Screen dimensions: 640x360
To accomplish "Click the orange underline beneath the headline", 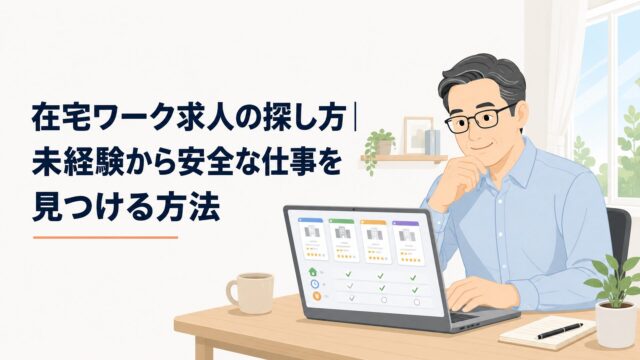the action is click(106, 237).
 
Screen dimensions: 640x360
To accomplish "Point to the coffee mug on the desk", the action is click(251, 293).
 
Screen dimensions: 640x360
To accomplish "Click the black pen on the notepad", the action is click(560, 331).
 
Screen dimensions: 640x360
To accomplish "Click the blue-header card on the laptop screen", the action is click(313, 239).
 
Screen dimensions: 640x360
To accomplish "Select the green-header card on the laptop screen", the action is click(344, 241).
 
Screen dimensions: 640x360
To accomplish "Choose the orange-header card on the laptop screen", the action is click(376, 242).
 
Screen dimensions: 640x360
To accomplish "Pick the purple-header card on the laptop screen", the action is click(407, 244).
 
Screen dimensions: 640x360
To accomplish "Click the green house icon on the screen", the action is click(313, 271).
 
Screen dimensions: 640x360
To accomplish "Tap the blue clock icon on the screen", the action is click(315, 284).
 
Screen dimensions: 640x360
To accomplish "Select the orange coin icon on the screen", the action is click(317, 297).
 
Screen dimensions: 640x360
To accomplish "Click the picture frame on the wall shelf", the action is click(418, 135).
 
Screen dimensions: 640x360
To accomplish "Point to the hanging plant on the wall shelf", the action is click(378, 148).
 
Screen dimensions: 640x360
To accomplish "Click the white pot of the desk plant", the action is click(616, 323).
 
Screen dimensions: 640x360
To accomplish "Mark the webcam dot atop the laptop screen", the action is click(353, 209).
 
